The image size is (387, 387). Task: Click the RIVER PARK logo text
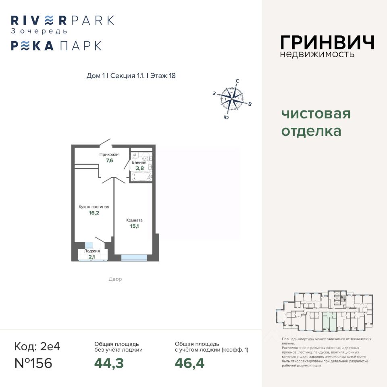[62, 20]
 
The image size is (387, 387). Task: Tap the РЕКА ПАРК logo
[56, 46]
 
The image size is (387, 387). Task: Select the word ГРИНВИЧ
[327, 42]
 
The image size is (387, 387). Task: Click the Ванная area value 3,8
[139, 168]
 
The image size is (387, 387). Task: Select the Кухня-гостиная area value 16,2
[94, 213]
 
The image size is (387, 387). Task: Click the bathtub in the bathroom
[141, 177]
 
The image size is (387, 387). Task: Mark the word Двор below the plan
[115, 279]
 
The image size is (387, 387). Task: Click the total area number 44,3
[109, 363]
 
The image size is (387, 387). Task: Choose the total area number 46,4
[189, 363]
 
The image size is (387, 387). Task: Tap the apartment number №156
[33, 363]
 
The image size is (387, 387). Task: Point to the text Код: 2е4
[37, 346]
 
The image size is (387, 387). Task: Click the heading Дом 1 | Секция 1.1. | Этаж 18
[131, 76]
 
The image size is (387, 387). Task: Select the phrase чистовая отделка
[316, 123]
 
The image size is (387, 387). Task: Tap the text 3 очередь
[39, 31]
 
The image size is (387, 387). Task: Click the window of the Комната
[134, 257]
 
